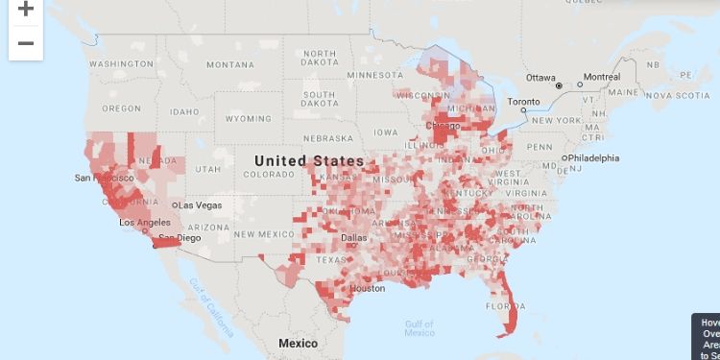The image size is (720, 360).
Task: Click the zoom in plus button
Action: (26, 10)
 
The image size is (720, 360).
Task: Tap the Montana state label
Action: (229, 64)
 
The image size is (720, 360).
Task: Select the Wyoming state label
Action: (249, 118)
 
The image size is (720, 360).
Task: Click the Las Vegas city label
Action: (199, 205)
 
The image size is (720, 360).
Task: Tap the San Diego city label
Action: (180, 237)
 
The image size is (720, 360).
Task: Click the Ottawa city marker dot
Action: (558, 84)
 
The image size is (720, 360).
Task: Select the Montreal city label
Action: (602, 77)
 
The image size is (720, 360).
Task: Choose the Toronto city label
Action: (524, 101)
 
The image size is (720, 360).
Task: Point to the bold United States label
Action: (309, 160)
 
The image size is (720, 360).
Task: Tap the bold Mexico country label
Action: (298, 343)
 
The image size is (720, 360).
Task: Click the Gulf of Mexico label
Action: (420, 327)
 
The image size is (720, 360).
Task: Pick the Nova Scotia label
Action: (680, 95)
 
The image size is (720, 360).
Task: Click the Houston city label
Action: (367, 288)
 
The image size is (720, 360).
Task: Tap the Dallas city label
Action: (353, 237)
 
